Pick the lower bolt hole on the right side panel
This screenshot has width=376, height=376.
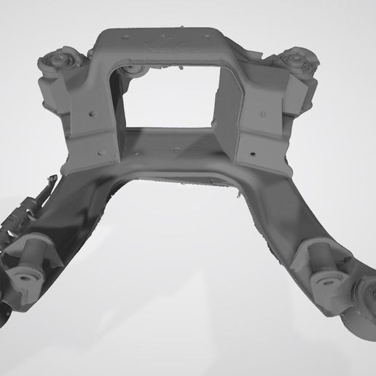point(253,154)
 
